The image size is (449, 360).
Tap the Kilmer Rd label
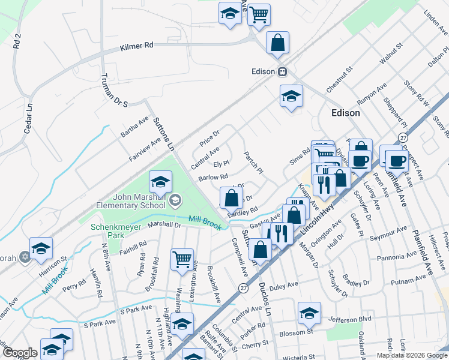pyautogui.click(x=137, y=46)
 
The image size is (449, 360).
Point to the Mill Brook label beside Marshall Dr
pyautogui.click(x=205, y=221)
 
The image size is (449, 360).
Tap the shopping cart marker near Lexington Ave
pyautogui.click(x=182, y=260)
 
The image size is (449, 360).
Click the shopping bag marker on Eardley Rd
pyautogui.click(x=231, y=197)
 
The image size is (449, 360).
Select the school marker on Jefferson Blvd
pyautogui.click(x=309, y=313)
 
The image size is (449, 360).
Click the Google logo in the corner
pyautogui.click(x=20, y=353)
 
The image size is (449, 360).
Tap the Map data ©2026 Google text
pyautogui.click(x=412, y=355)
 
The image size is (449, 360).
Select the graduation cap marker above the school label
pyautogui.click(x=160, y=181)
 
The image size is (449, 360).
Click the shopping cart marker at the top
pyautogui.click(x=259, y=14)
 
